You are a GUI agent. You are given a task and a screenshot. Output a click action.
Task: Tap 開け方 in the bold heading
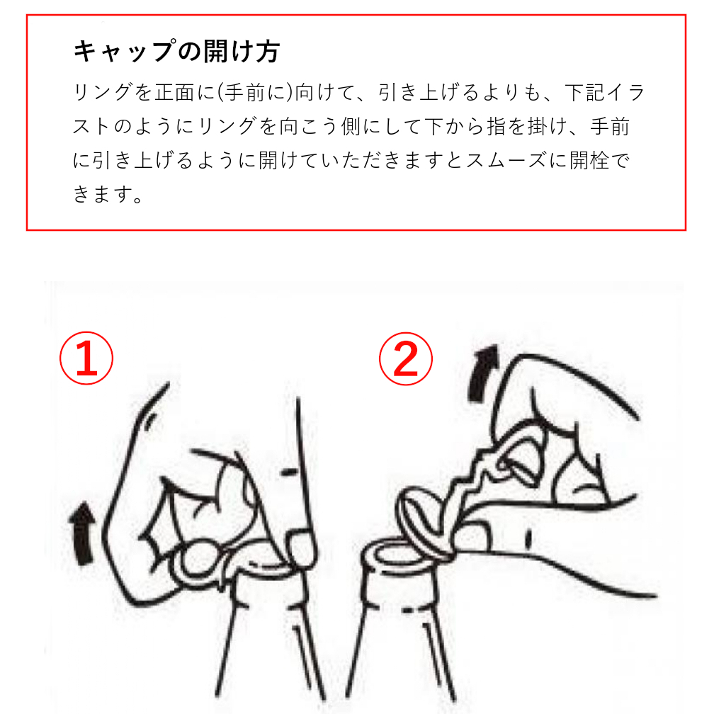pos(241,51)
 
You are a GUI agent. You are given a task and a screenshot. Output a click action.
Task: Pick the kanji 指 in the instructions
pos(497,126)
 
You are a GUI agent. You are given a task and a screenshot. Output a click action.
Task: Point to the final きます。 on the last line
pos(108,194)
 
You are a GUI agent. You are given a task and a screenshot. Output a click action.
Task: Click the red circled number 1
pos(86,358)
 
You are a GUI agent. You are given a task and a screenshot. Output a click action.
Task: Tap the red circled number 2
pos(406,358)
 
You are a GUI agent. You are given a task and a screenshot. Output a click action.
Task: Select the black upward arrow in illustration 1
pos(82,533)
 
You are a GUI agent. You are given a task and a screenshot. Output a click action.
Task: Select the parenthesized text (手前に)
pos(254,92)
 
